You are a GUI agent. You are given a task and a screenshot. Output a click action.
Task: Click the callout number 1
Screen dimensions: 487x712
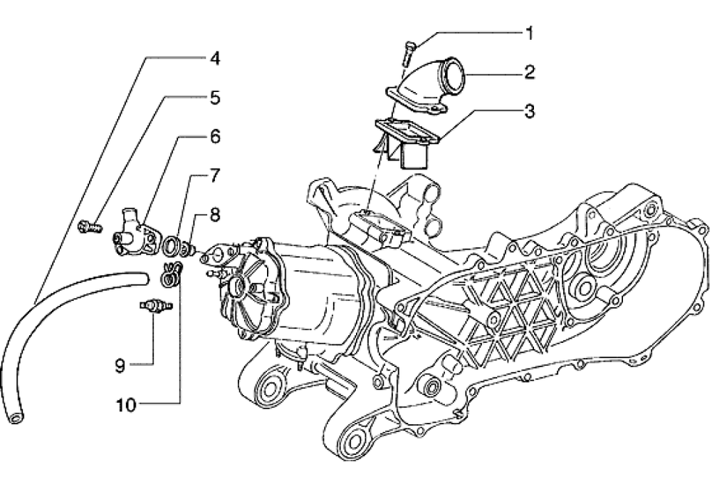pos(529,32)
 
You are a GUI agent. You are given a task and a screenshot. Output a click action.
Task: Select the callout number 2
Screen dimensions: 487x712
pos(529,71)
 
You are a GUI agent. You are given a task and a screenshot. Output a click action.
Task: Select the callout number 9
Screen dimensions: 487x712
pos(120,365)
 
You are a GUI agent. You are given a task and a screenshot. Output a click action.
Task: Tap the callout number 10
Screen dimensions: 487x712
pos(125,405)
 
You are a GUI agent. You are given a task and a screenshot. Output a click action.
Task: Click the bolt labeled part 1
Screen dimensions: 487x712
pos(409,53)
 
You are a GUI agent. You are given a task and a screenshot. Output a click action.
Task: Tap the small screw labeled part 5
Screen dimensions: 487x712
pos(84,227)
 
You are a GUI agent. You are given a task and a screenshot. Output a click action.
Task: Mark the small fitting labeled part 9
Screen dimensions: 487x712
pos(150,305)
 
